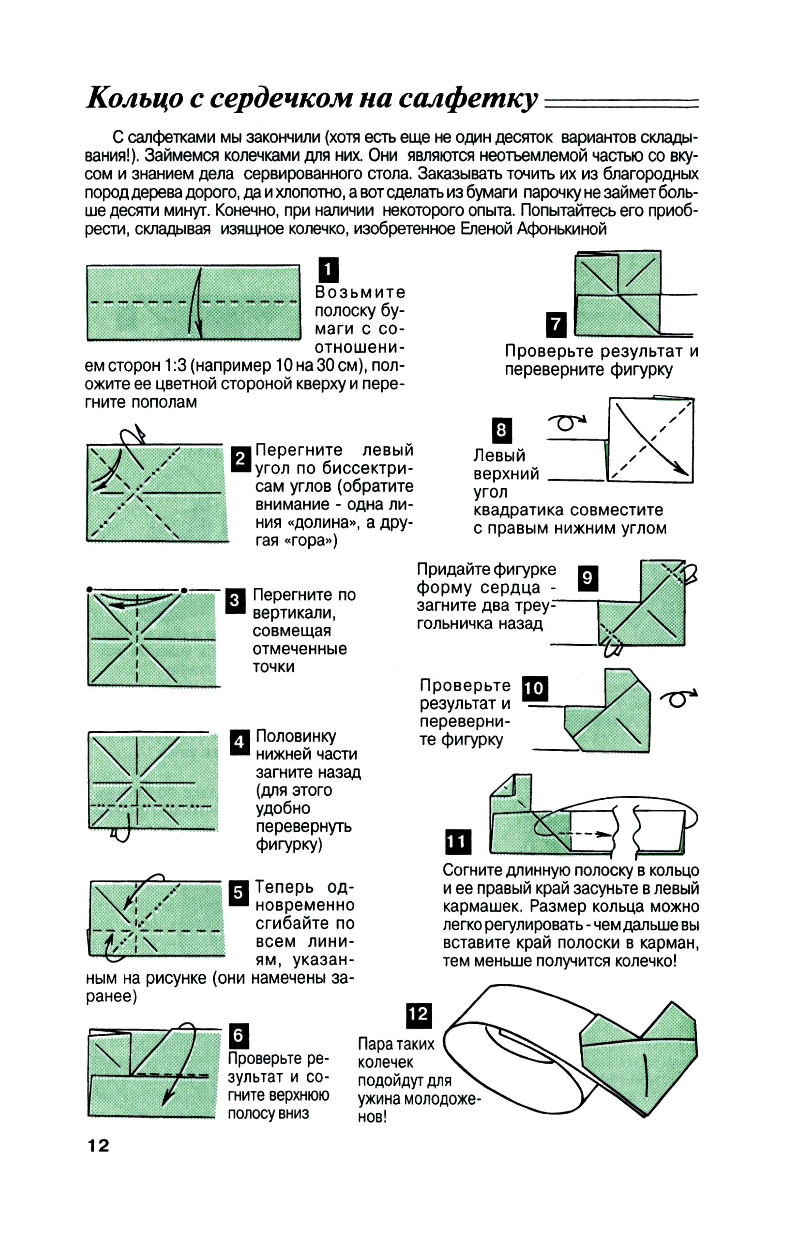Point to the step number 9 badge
point(588,578)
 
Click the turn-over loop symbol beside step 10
point(678,698)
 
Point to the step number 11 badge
point(458,841)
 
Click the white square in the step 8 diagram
point(650,440)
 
